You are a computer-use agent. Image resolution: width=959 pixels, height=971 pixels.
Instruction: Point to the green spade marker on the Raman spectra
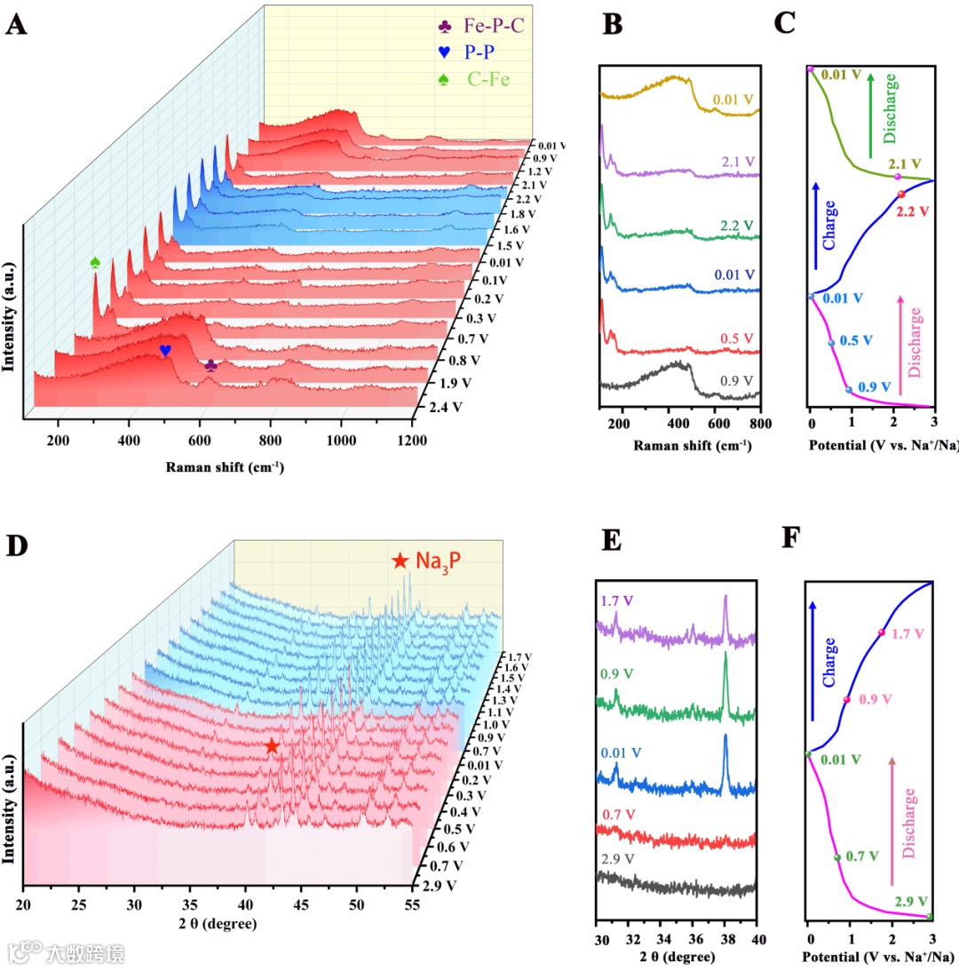tap(95, 262)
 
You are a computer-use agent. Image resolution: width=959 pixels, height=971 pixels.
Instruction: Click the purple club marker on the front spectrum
tap(210, 364)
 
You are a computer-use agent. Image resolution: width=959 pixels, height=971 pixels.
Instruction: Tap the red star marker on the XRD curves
tap(272, 747)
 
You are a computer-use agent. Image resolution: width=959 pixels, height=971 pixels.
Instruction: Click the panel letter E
tap(613, 539)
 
